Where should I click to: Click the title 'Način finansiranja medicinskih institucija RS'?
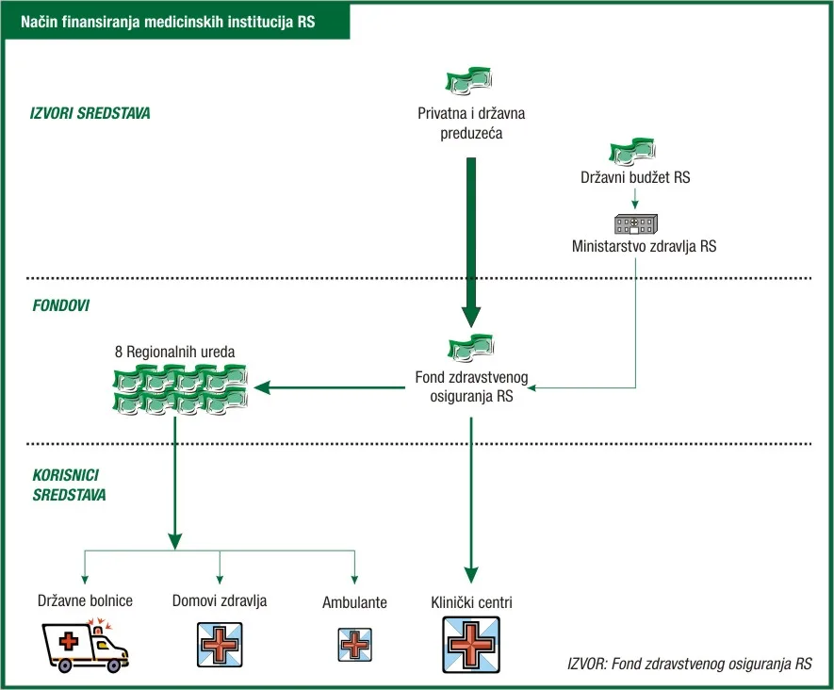(x=168, y=22)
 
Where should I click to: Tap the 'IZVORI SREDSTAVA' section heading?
(x=90, y=113)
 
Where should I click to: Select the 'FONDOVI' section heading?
(x=60, y=305)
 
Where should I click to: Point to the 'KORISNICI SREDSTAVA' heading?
(x=69, y=485)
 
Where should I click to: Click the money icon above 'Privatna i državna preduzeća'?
(x=468, y=81)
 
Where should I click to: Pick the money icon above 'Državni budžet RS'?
(x=632, y=152)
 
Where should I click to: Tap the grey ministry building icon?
(x=635, y=224)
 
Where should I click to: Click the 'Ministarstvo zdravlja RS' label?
(x=645, y=246)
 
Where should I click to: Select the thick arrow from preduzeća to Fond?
(x=471, y=242)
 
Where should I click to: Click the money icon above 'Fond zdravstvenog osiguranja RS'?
(x=471, y=348)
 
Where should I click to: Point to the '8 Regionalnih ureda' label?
(x=175, y=352)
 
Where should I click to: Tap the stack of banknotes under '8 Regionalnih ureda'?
(x=180, y=389)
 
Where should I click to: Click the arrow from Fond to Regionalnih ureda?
(x=330, y=387)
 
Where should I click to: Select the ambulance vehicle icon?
(x=85, y=646)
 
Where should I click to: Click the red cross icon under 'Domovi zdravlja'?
(x=220, y=645)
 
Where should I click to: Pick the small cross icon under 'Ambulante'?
(x=354, y=645)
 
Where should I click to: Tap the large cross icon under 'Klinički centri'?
(x=471, y=645)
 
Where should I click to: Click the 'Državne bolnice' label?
(x=85, y=600)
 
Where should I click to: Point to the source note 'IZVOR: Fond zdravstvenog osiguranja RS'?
(x=690, y=664)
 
